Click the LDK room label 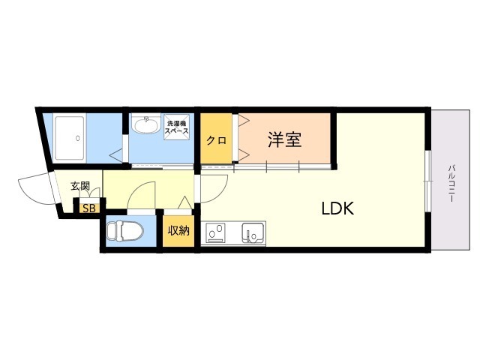(x=337, y=208)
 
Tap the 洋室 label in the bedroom (x=285, y=139)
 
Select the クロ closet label (x=216, y=140)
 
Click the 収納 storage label (x=178, y=230)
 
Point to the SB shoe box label (x=89, y=208)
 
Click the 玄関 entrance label (x=80, y=185)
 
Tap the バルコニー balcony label (x=451, y=183)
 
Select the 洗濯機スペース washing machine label (x=177, y=127)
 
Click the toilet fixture (x=125, y=231)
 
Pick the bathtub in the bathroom (x=70, y=138)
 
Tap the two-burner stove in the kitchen (x=215, y=232)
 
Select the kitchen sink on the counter (x=253, y=232)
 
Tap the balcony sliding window (x=428, y=181)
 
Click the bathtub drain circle (x=78, y=138)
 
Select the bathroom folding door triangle (x=116, y=156)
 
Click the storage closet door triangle (x=185, y=202)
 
